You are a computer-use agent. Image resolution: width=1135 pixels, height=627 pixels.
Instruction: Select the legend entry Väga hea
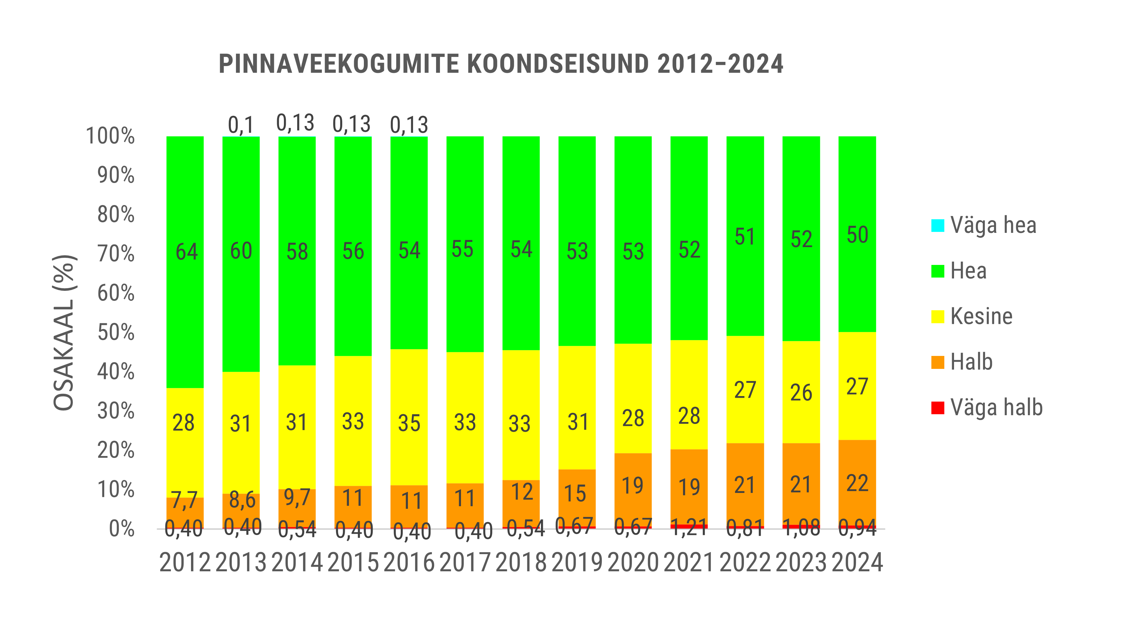pyautogui.click(x=993, y=225)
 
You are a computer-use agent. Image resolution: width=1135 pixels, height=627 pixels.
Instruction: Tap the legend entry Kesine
pyautogui.click(x=981, y=316)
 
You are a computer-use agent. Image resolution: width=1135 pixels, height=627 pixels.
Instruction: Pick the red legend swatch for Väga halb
pyautogui.click(x=938, y=408)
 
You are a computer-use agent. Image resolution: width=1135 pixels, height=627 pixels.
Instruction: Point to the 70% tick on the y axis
pyautogui.click(x=116, y=254)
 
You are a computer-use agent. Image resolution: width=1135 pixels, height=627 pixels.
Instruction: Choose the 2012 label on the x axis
pyautogui.click(x=185, y=563)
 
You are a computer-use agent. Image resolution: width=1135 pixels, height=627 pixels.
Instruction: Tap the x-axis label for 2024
pyautogui.click(x=857, y=563)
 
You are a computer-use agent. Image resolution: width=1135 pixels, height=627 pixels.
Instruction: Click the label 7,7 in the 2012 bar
pyautogui.click(x=184, y=500)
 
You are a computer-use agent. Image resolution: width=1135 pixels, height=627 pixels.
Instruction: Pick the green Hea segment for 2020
pyautogui.click(x=633, y=199)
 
